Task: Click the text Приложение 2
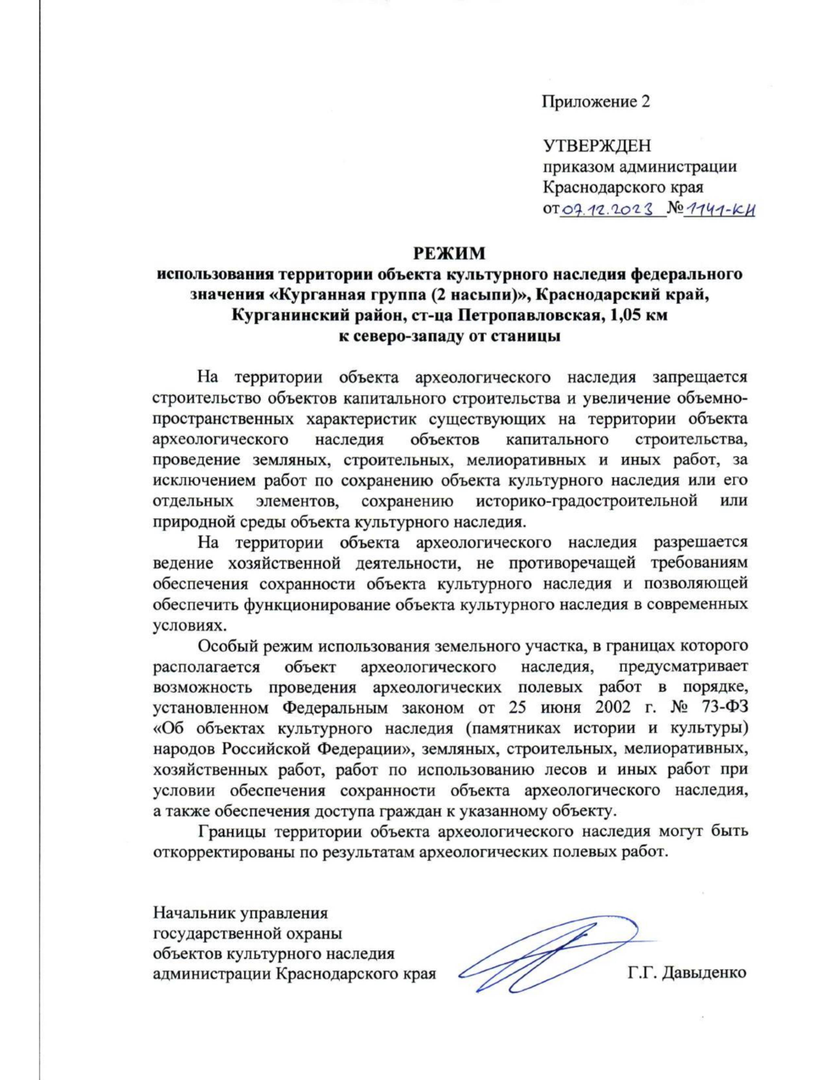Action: pyautogui.click(x=596, y=102)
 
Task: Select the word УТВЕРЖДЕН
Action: pyautogui.click(x=596, y=146)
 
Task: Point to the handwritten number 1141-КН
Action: pyautogui.click(x=719, y=209)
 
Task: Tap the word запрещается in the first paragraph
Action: pyautogui.click(x=699, y=378)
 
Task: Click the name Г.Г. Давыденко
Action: pyautogui.click(x=687, y=973)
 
